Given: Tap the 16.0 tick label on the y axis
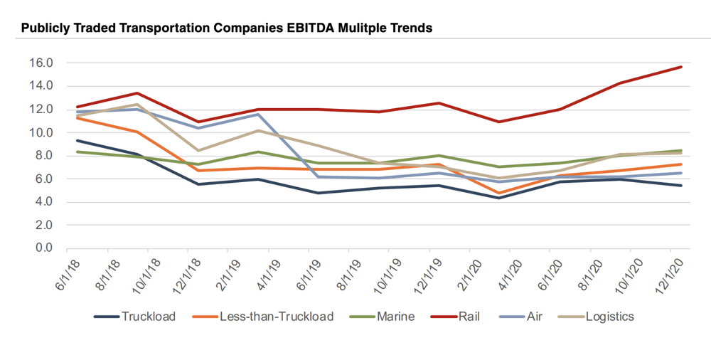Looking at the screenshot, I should pyautogui.click(x=41, y=63).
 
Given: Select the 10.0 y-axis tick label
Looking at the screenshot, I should pyautogui.click(x=41, y=132).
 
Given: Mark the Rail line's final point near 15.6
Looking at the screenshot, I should pyautogui.click(x=681, y=67).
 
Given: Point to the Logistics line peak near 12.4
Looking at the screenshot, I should pyautogui.click(x=137, y=105).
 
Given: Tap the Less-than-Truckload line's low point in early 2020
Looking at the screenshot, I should pyautogui.click(x=500, y=193).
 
